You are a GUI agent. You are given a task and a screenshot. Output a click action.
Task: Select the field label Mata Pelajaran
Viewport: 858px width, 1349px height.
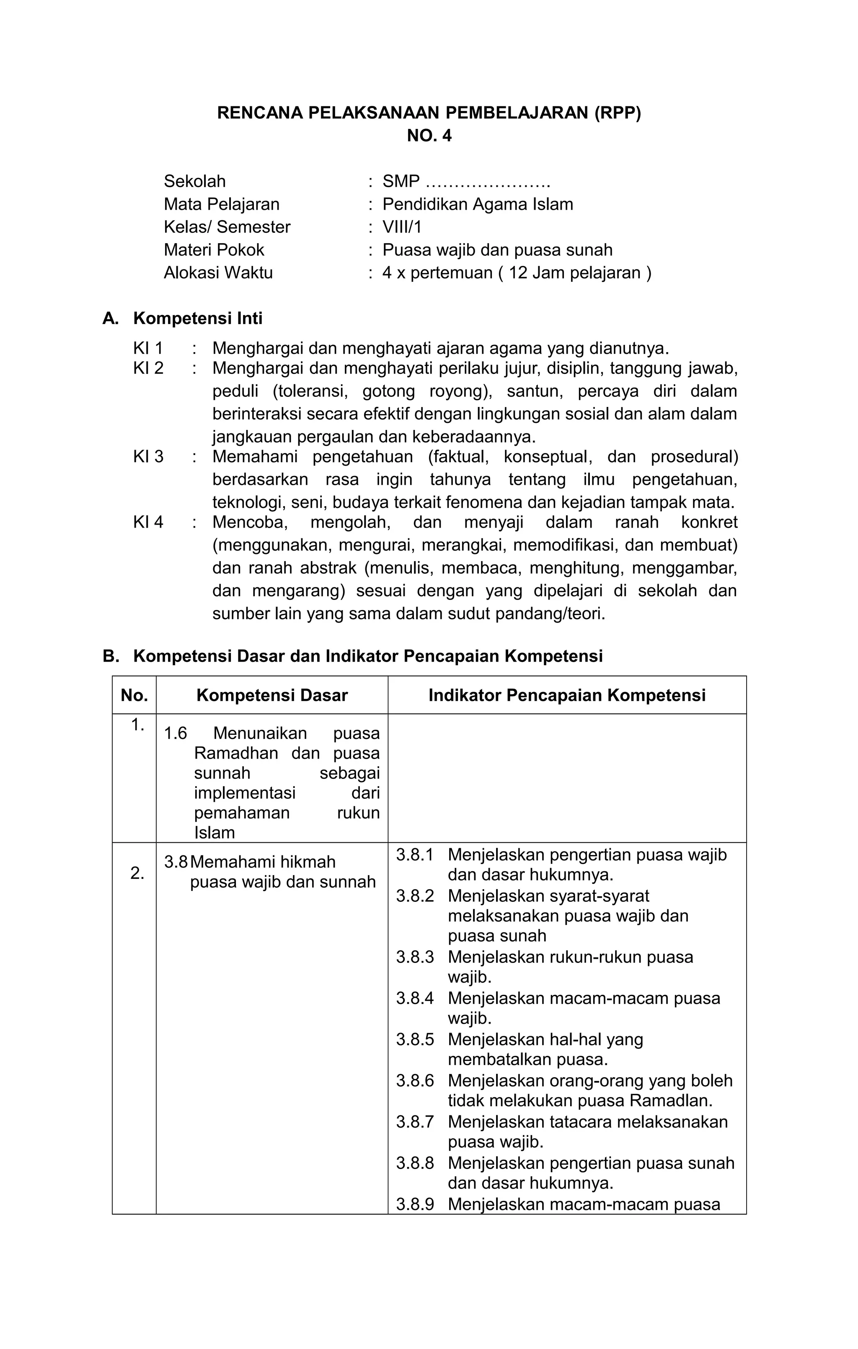point(221,204)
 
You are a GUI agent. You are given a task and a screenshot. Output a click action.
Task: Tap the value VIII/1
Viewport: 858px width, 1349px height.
point(402,227)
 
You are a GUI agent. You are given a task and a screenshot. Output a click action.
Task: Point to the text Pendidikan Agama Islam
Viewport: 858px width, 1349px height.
point(478,204)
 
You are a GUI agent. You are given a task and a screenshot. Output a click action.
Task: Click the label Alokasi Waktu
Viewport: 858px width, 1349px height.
point(218,273)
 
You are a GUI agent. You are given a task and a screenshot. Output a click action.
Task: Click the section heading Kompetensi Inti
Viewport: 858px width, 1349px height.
point(197,318)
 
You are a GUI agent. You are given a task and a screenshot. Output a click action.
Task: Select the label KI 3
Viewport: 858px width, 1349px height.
point(148,457)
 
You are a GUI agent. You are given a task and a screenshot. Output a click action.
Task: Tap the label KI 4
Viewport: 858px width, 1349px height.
point(148,522)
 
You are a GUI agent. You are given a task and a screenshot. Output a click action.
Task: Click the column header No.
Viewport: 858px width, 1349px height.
point(134,695)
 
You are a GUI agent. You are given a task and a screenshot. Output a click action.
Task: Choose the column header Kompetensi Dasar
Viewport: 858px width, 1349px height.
point(272,695)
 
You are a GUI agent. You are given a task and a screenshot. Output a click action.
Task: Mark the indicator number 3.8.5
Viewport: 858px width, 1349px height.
point(415,1040)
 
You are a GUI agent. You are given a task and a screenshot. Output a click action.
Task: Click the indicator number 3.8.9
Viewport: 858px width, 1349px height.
point(415,1205)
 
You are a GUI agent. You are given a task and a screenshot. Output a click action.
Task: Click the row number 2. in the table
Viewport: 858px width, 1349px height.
point(137,873)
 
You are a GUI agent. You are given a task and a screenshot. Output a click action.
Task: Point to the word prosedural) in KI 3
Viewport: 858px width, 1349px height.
point(694,457)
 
